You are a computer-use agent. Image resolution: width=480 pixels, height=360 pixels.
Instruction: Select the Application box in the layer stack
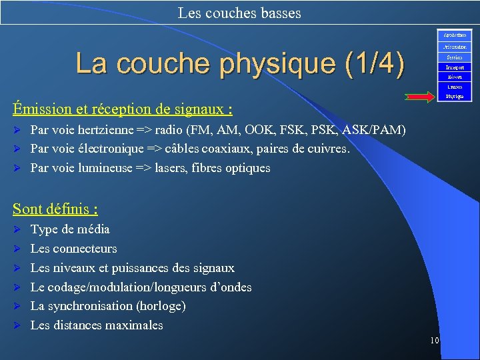click(455, 35)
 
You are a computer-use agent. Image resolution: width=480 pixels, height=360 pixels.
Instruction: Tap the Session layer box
click(455, 57)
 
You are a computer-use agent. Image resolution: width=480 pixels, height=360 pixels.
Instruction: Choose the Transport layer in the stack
click(455, 67)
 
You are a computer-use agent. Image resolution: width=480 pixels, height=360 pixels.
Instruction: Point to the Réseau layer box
click(455, 77)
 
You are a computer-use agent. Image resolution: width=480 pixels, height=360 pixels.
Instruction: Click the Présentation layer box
click(455, 47)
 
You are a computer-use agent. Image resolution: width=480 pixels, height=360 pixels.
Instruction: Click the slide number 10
click(434, 341)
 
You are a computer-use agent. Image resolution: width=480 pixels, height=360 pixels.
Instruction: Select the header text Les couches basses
click(239, 13)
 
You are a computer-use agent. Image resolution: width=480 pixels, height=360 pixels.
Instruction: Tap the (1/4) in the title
click(375, 64)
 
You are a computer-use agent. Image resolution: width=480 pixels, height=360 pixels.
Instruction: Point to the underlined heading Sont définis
click(55, 209)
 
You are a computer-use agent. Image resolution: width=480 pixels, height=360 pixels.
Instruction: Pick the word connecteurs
click(85, 249)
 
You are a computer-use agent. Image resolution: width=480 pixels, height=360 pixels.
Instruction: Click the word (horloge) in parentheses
click(161, 306)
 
